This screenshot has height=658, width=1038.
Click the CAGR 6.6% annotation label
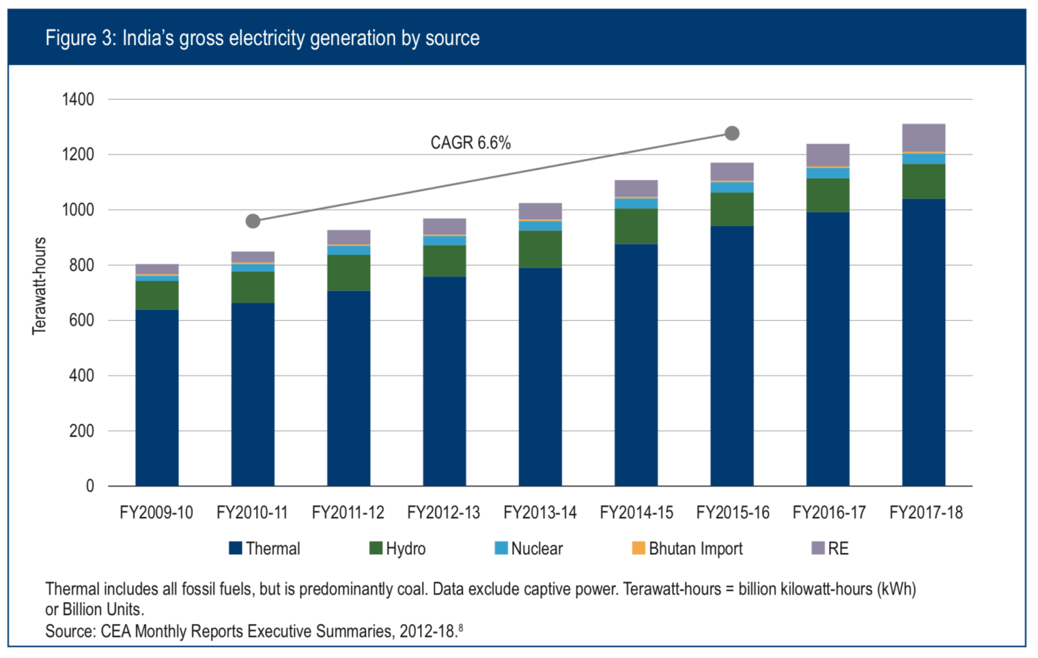pos(470,143)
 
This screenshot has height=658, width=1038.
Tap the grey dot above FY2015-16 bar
pos(731,133)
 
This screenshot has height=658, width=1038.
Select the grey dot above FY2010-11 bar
pos(253,221)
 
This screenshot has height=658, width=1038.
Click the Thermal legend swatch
pos(235,548)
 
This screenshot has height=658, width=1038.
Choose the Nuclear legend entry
pos(529,548)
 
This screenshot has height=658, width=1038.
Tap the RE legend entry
pos(830,548)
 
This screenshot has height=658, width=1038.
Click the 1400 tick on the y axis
pos(78,100)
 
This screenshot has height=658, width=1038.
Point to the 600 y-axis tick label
pos(81,321)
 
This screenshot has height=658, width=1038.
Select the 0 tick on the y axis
pos(90,487)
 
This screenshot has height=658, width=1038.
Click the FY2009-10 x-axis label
pos(156,513)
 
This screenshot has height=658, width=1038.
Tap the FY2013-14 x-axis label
pos(540,513)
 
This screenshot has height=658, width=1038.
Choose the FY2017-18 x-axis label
pos(926,513)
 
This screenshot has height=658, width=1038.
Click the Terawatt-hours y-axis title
pos(39,286)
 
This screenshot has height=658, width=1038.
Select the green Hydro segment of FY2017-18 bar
pos(924,181)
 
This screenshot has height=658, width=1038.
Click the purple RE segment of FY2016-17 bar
pos(828,155)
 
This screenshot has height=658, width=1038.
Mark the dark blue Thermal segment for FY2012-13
pos(444,380)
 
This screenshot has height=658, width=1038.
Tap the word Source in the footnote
pos(69,631)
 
